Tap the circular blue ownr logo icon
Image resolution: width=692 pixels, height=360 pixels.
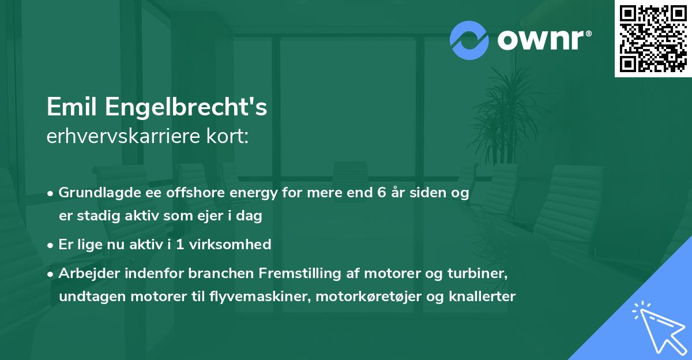tap(469, 40)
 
